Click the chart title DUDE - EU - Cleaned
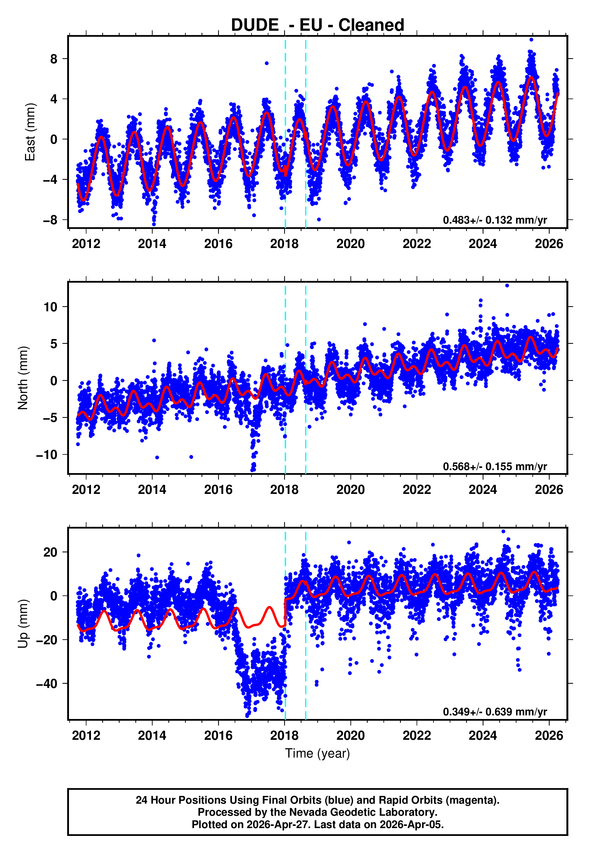coord(317,25)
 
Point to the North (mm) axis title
coord(23,378)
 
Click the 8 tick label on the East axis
coord(54,59)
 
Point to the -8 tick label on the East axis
coord(50,220)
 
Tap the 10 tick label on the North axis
coord(50,307)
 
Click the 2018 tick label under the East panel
coord(284,244)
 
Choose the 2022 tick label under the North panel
coord(417,490)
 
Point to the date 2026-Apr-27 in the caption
coord(276,824)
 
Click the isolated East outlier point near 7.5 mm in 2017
coord(267,63)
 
